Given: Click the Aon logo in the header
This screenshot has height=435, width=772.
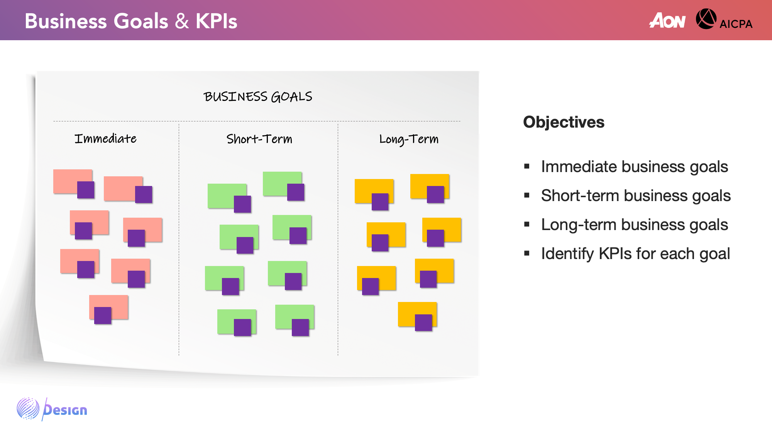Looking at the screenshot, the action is [667, 20].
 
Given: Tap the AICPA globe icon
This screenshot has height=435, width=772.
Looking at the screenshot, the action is [706, 19].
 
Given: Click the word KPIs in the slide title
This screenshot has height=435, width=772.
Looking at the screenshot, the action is [216, 21].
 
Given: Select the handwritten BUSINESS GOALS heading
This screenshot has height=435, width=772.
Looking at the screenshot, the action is [258, 96].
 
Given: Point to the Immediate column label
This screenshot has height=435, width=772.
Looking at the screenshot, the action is [105, 138].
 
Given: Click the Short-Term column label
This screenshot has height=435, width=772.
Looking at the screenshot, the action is [259, 139].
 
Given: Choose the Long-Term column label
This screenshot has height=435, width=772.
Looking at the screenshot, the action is [409, 139].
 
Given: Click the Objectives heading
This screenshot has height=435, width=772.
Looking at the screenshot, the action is [564, 122].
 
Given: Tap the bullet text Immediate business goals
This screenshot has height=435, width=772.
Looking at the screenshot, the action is [635, 167].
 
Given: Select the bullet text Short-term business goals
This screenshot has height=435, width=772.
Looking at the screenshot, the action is [636, 196].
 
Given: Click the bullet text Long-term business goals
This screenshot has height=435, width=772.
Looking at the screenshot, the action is [635, 225].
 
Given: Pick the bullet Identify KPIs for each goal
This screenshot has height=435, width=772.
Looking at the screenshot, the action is [635, 254].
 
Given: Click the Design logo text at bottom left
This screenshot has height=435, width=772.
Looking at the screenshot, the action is [65, 409].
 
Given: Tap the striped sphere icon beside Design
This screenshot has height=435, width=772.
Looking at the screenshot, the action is [28, 408].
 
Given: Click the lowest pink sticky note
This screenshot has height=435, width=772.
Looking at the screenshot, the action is [108, 307].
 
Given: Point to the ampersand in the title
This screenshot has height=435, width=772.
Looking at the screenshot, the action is [182, 21].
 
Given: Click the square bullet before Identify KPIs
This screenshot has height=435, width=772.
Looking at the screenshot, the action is [527, 254].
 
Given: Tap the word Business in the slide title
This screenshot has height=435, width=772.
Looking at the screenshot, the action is [66, 21].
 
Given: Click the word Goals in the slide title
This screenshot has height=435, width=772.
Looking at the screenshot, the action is [141, 21].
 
